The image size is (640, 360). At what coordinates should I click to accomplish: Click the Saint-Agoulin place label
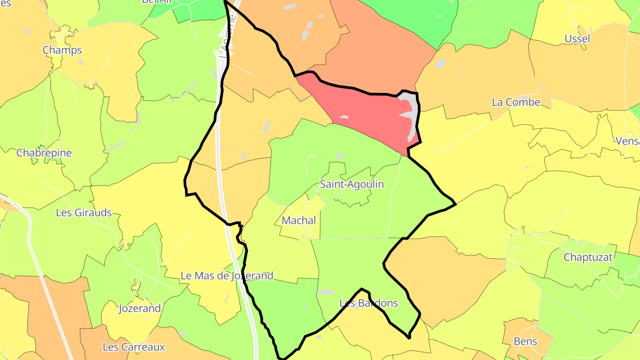point(352,184)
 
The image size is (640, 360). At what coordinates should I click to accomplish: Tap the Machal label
point(299,220)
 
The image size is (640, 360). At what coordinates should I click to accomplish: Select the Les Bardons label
point(368,303)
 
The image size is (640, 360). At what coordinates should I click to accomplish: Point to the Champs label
point(62,50)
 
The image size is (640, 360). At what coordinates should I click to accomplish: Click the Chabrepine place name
point(44,153)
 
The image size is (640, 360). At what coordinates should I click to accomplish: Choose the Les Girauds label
point(84,212)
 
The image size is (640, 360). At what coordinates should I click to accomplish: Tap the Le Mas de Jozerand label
point(227,276)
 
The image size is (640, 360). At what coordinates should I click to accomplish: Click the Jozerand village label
point(140,308)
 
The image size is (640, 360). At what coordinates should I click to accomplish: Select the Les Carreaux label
point(134,347)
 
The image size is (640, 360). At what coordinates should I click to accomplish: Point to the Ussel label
point(577,39)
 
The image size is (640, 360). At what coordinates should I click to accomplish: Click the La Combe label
point(516,102)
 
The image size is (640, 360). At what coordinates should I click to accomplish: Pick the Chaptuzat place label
point(588,257)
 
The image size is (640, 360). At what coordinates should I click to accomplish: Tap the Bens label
point(525,341)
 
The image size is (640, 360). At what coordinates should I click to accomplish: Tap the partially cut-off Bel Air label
point(156,2)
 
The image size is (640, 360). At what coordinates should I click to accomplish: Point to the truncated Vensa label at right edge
point(627,141)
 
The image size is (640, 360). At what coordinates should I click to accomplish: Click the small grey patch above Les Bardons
point(326,292)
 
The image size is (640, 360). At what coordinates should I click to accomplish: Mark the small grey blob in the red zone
point(344,117)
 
